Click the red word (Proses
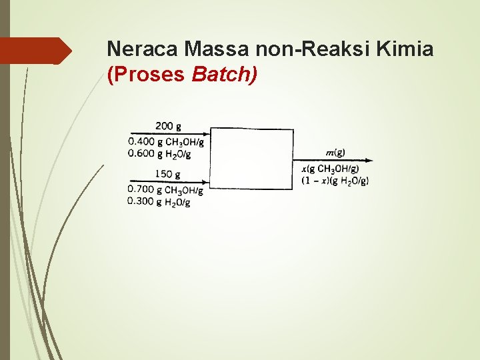click(146, 74)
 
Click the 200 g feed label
click(169, 125)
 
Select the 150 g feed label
click(169, 174)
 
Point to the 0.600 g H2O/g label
click(160, 154)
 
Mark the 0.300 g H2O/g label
click(160, 203)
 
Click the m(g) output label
click(335, 153)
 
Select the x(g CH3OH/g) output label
click(330, 169)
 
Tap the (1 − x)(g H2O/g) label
click(335, 180)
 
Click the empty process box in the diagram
click(251, 159)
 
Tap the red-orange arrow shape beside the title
click(37, 51)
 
